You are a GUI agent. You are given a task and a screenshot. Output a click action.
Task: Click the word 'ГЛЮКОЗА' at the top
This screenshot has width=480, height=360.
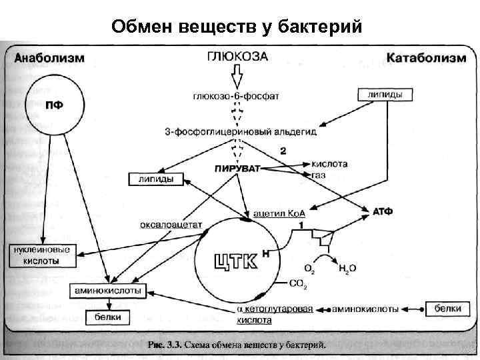coord(237,57)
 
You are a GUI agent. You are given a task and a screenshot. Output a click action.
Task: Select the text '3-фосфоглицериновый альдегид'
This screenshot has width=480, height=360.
coord(241,131)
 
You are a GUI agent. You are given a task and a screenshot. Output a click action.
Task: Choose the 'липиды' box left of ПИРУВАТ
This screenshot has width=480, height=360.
coord(156,179)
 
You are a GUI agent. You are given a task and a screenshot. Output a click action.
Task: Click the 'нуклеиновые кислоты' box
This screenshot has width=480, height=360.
coord(42,255)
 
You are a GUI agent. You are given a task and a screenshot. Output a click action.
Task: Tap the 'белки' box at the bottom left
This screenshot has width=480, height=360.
coord(105,317)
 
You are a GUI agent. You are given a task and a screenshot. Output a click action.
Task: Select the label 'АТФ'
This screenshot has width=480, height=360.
coord(381,211)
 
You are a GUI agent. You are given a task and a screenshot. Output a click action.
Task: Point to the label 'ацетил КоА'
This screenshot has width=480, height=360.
coord(279,214)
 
